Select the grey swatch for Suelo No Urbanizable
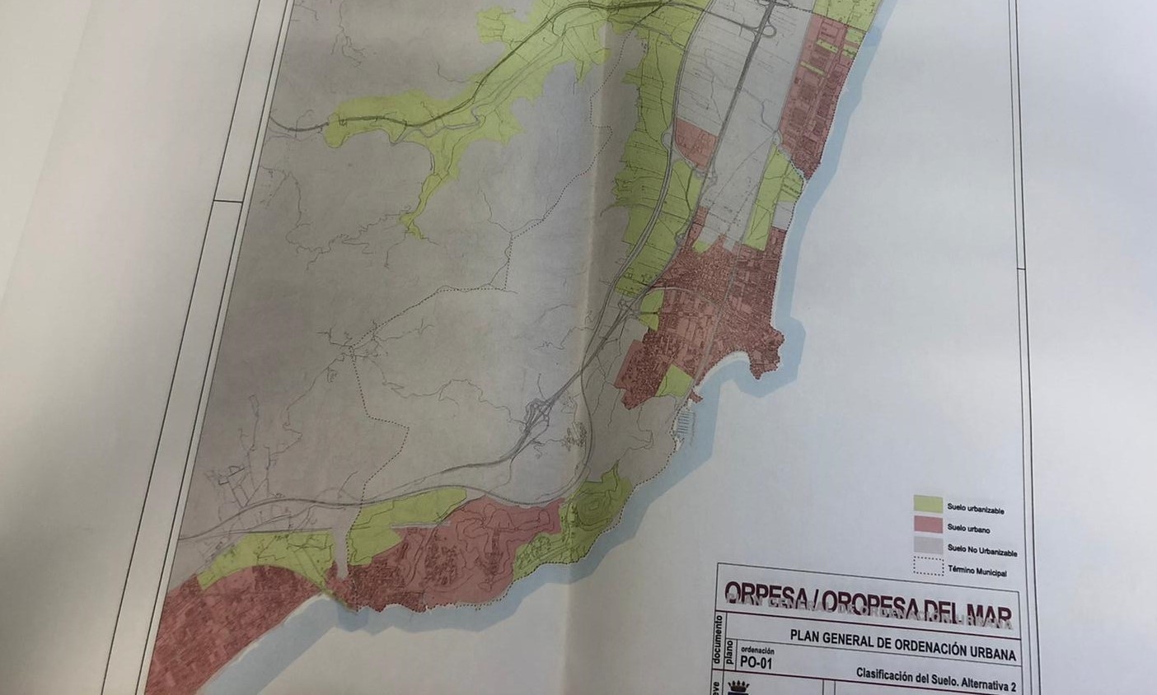coord(928,544)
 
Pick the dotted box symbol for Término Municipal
coord(928,566)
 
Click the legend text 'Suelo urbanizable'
coord(976,511)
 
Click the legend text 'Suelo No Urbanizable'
coord(981,552)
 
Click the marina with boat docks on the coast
coord(686,425)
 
